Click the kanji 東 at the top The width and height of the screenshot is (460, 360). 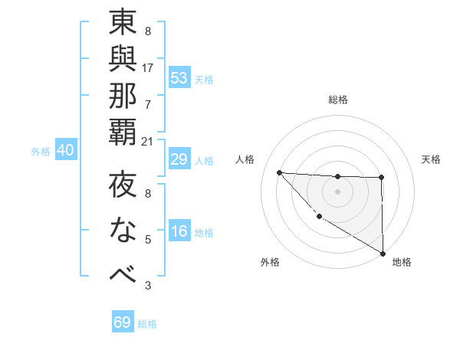[123, 24]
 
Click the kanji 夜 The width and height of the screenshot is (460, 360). [123, 187]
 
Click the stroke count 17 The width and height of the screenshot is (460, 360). [148, 67]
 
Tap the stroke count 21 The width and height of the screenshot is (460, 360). [148, 141]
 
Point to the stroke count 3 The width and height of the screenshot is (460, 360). [148, 286]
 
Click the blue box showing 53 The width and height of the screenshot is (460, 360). [179, 78]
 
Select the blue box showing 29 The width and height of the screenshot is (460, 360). [179, 159]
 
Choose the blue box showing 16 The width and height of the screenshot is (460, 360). [179, 232]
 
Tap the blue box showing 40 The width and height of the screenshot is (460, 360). [65, 151]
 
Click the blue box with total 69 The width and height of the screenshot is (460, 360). [123, 322]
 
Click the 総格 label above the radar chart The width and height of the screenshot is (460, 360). [338, 100]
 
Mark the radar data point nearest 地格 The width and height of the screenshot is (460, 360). [383, 254]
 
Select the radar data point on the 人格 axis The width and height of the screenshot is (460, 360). [280, 172]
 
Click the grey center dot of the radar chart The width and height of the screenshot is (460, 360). [337, 191]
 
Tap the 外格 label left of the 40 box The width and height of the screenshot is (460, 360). [41, 152]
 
